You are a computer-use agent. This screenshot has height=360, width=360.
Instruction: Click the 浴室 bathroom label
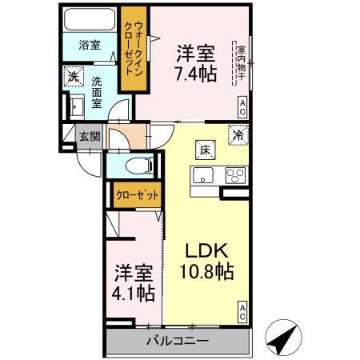(90, 45)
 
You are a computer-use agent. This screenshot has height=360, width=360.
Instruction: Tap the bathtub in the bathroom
(89, 21)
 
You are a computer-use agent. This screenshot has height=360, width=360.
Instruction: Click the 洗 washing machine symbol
(74, 78)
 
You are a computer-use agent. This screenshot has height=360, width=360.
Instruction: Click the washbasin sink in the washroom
(78, 106)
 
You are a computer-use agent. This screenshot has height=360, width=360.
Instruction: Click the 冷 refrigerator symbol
(238, 135)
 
